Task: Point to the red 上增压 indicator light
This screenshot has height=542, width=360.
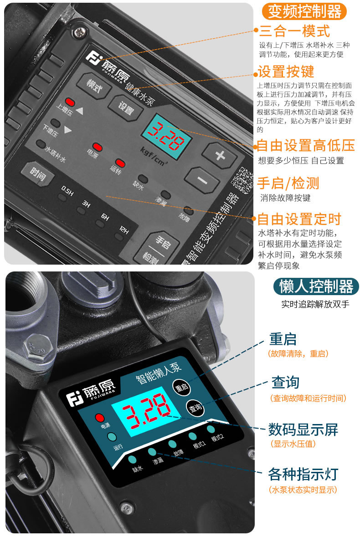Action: (x=70, y=102)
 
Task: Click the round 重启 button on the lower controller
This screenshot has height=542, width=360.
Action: (x=182, y=388)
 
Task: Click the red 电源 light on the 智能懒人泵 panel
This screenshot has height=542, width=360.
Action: (x=100, y=418)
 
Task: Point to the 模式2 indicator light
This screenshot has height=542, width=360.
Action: (x=211, y=429)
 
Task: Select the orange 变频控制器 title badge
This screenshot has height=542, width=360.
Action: (x=304, y=12)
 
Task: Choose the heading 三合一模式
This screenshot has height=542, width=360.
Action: (x=294, y=31)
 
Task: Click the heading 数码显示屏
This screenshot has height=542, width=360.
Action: (x=303, y=430)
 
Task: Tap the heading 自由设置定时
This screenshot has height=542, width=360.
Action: (x=299, y=219)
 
